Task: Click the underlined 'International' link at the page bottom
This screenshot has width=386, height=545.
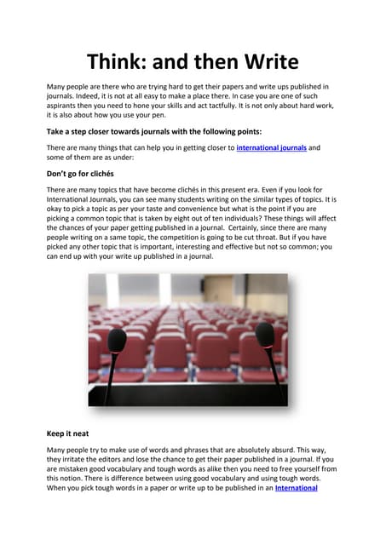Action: click(x=297, y=489)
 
